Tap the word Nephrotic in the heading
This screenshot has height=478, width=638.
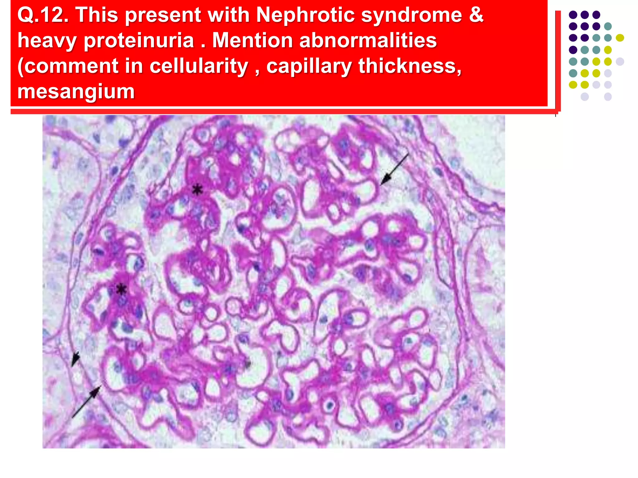[x=306, y=15]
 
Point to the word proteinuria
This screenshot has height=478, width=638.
[x=139, y=40]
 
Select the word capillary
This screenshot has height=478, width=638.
[x=309, y=66]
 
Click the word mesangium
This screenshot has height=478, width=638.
[x=76, y=91]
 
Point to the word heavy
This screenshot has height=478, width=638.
[x=47, y=40]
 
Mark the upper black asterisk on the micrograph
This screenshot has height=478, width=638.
[x=197, y=189]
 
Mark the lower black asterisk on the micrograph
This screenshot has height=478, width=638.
[x=121, y=290]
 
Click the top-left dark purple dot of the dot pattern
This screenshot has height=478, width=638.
[x=573, y=15]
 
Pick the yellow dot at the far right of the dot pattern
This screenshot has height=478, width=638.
[x=620, y=38]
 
